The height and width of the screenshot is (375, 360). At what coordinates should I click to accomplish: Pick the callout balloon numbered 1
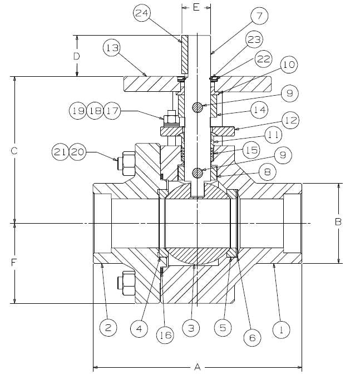click(281, 329)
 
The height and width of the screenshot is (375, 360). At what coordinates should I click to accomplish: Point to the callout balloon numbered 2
click(109, 328)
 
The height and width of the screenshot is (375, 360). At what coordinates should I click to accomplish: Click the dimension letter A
click(196, 367)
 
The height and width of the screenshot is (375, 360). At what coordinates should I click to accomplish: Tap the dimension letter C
click(15, 151)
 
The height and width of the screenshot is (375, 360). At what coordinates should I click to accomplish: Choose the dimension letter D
click(77, 56)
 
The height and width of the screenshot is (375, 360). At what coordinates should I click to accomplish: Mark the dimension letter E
click(196, 7)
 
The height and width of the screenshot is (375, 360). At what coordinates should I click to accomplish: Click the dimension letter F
click(15, 262)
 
